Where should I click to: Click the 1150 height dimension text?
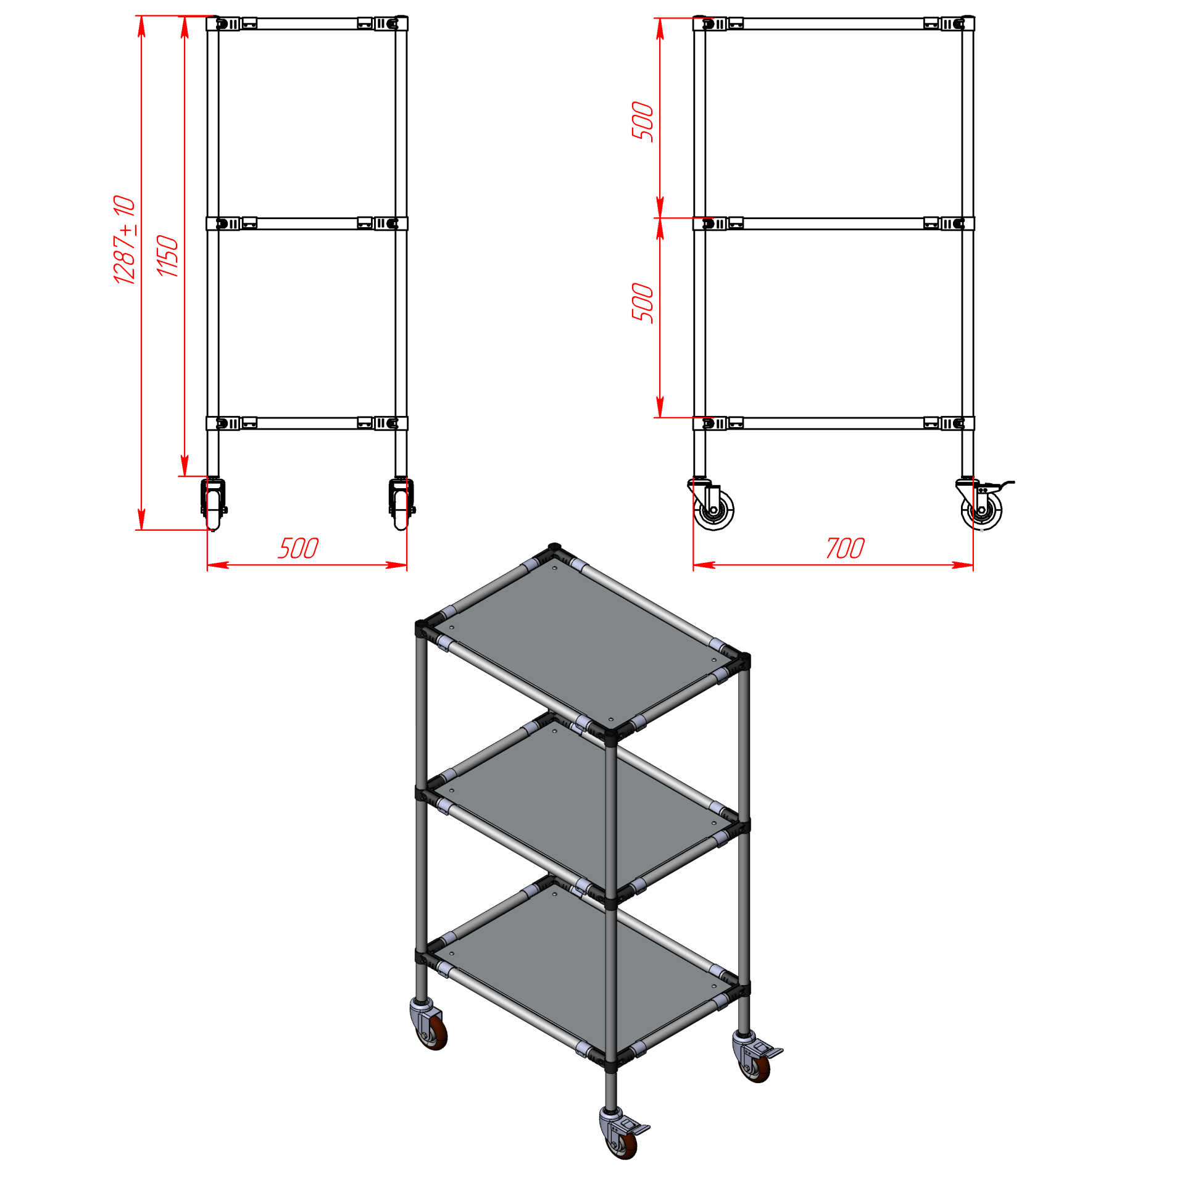(x=167, y=256)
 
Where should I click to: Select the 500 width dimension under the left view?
(x=298, y=548)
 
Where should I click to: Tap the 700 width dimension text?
(x=845, y=548)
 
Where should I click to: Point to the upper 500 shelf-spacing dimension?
(x=642, y=122)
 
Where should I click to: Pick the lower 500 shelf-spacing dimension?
(x=642, y=302)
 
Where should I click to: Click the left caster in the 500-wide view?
(x=214, y=504)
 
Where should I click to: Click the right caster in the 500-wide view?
(x=402, y=504)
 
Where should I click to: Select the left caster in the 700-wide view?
(x=712, y=504)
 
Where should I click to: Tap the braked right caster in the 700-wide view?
(x=983, y=505)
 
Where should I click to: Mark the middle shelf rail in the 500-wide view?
(x=307, y=223)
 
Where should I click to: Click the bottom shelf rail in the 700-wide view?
(x=833, y=423)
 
